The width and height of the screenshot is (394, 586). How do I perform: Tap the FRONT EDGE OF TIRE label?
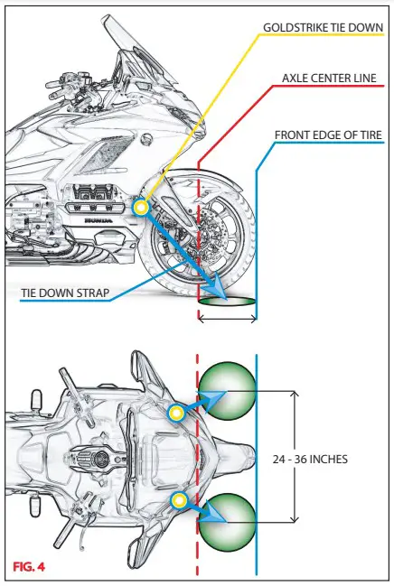click(x=329, y=135)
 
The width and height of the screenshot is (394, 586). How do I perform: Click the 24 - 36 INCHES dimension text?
click(x=310, y=459)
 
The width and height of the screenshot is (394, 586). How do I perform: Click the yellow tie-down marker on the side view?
click(x=140, y=208)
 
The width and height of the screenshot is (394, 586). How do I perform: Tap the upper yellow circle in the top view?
click(x=177, y=413)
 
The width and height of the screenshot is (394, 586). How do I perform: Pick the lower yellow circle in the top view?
click(x=180, y=499)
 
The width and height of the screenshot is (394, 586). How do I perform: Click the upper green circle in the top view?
click(x=228, y=391)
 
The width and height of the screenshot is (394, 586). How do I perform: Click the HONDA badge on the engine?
click(x=98, y=219)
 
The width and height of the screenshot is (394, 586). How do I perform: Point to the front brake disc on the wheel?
click(x=205, y=235)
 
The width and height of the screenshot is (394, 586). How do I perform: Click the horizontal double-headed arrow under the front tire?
click(x=227, y=318)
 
